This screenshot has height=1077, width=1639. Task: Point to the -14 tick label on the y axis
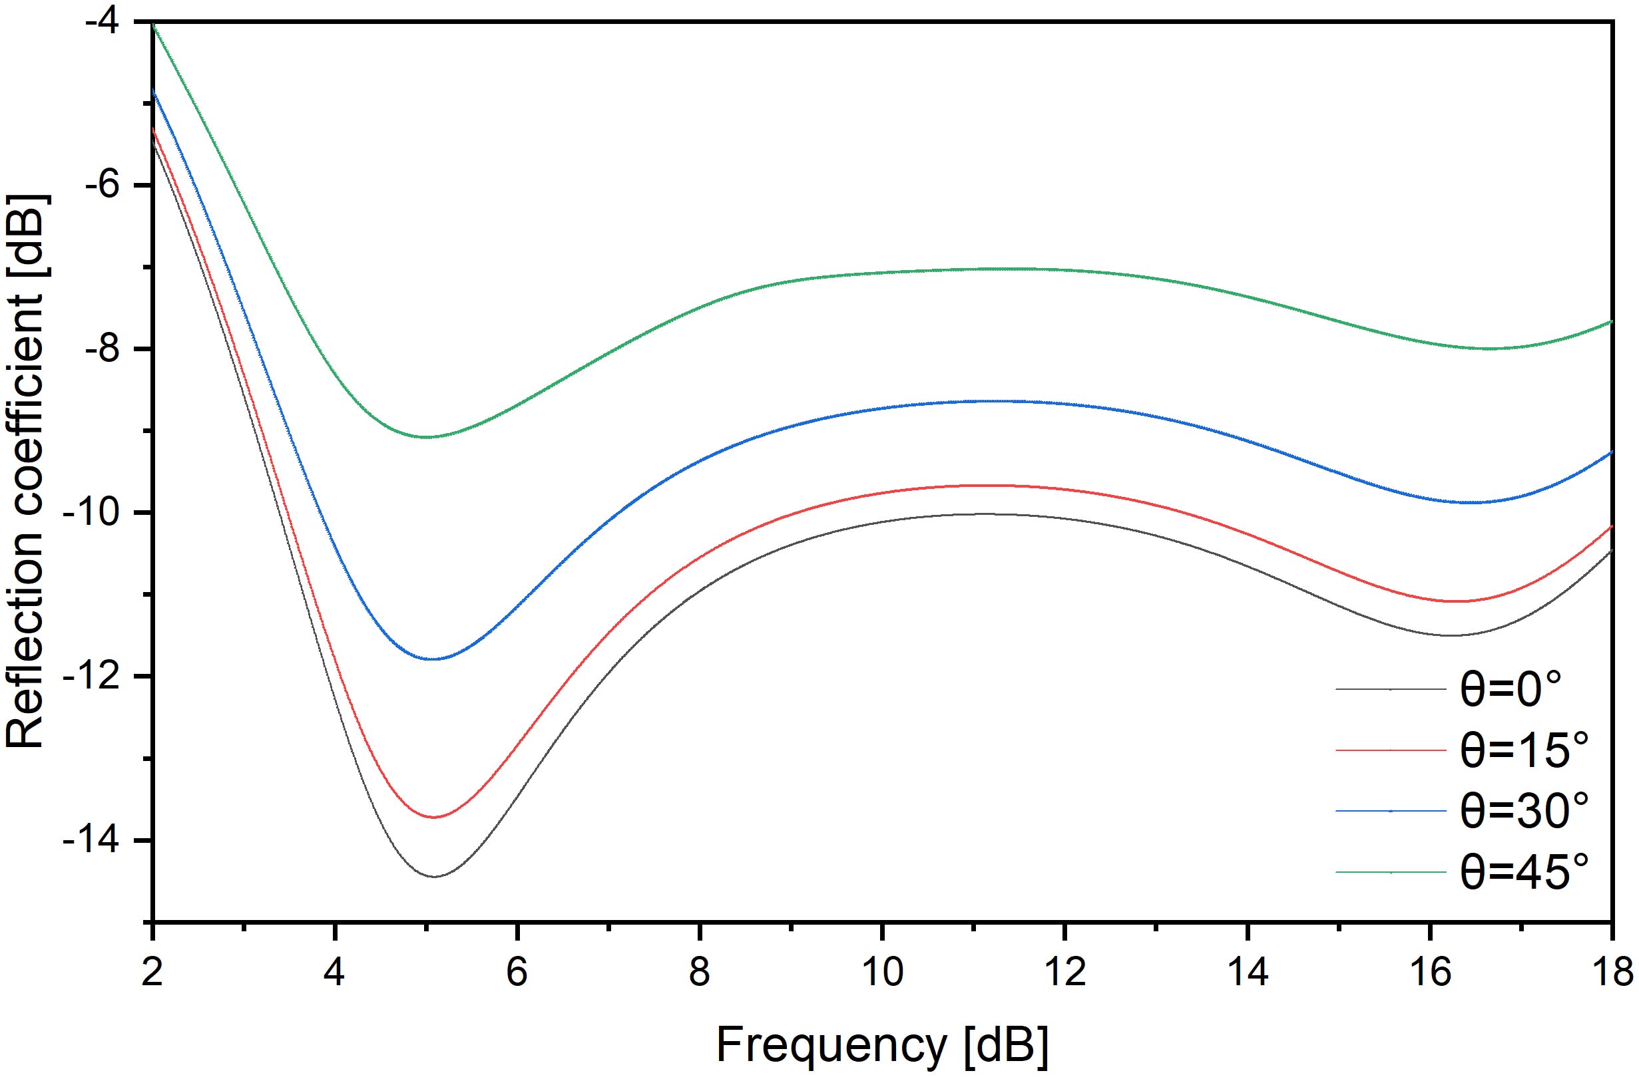(x=104, y=841)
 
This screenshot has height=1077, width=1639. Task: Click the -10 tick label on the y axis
(x=104, y=513)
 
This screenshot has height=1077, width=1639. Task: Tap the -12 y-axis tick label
(x=104, y=677)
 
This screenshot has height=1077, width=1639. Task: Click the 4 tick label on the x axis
(x=335, y=974)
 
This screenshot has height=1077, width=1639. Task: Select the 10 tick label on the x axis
(x=881, y=974)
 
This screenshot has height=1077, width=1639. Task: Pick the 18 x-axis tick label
(x=1612, y=974)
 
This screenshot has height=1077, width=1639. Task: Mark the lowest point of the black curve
(x=435, y=876)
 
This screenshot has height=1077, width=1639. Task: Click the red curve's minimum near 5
(x=433, y=817)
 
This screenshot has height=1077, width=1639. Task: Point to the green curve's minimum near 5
(x=427, y=437)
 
